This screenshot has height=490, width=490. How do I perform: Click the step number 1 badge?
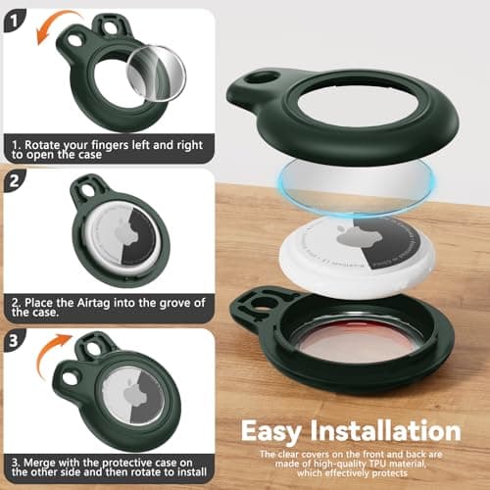pos(14,21)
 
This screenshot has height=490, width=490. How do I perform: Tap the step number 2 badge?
pos(14,180)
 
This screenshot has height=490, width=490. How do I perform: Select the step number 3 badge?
pos(13,340)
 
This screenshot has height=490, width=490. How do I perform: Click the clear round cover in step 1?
pos(156,73)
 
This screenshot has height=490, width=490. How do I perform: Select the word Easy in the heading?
pos(270,431)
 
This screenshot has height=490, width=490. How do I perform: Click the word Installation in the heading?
pos(386,430)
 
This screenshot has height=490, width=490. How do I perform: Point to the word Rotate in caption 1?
pos(42,145)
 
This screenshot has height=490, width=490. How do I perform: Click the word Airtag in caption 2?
pos(93,303)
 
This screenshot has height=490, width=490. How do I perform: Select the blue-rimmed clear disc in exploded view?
pos(357,184)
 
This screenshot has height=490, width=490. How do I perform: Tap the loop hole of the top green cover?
pos(262,78)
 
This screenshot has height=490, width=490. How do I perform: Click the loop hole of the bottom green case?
pos(262,303)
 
